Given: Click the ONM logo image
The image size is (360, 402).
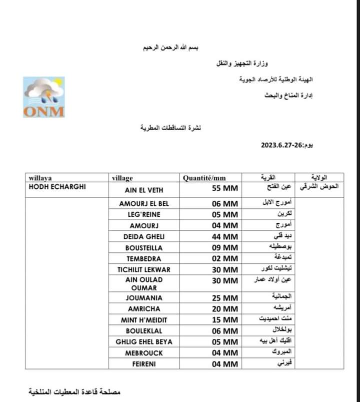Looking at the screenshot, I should tap(43, 97).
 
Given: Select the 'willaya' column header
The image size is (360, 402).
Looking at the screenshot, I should tap(40, 178).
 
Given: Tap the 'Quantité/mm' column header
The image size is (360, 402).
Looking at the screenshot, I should tap(204, 178).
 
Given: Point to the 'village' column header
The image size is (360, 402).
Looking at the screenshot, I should tap(122, 178).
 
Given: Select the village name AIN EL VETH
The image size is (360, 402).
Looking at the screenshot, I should tap(144, 190).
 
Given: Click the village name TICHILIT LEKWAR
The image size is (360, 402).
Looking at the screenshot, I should tap(144, 269).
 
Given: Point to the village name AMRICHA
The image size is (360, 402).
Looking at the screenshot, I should tap(144, 309).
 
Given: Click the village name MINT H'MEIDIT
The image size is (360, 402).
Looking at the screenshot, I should tap(144, 320).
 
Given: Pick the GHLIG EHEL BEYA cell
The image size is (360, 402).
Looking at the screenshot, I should tap(144, 342).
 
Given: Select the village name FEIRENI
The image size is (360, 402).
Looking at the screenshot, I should tap(144, 364).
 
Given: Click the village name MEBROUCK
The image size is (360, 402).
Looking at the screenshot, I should tap(144, 353).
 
